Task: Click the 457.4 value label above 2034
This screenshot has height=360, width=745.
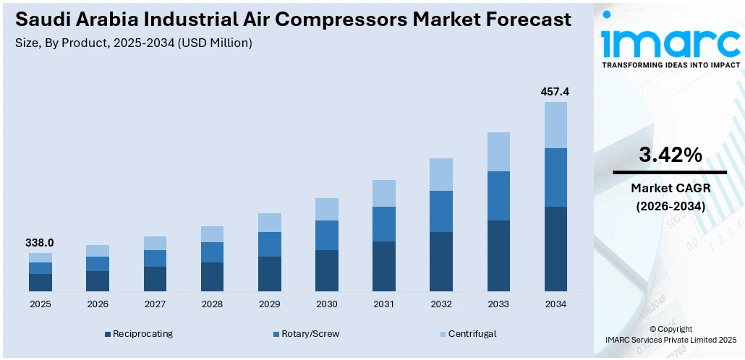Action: click(x=555, y=92)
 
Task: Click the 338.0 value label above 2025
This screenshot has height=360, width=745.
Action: click(x=41, y=243)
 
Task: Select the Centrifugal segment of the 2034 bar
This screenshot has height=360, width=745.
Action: click(x=555, y=125)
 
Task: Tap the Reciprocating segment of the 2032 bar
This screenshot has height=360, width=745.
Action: click(x=441, y=262)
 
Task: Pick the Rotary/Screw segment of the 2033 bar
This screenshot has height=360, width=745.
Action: click(x=498, y=196)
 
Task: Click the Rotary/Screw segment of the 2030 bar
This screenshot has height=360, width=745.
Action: click(x=327, y=235)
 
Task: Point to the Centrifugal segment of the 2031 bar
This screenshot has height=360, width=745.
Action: click(x=384, y=193)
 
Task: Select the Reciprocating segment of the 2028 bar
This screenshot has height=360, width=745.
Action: click(x=212, y=277)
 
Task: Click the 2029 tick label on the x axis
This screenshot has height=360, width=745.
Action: click(x=269, y=304)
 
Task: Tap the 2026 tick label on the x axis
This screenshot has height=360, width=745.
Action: click(x=98, y=304)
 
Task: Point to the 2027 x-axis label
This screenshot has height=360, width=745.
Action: click(x=155, y=304)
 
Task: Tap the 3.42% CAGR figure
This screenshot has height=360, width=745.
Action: click(x=670, y=155)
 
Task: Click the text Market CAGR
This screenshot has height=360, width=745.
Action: click(x=670, y=189)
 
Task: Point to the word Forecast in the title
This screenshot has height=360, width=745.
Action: click(x=516, y=20)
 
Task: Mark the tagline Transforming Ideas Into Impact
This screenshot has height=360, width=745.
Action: click(x=670, y=65)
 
